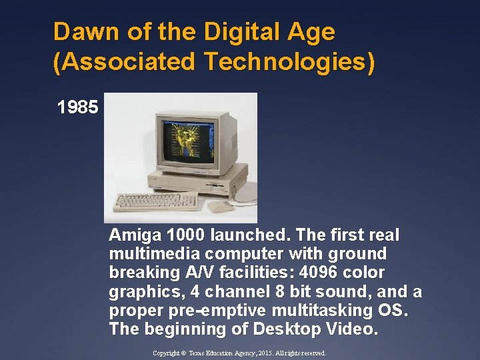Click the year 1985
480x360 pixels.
[x=77, y=107]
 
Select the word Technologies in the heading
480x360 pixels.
[x=289, y=62]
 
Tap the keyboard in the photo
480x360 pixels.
[x=157, y=200]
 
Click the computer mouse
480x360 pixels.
[x=220, y=206]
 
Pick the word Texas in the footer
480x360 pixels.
[x=202, y=353]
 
